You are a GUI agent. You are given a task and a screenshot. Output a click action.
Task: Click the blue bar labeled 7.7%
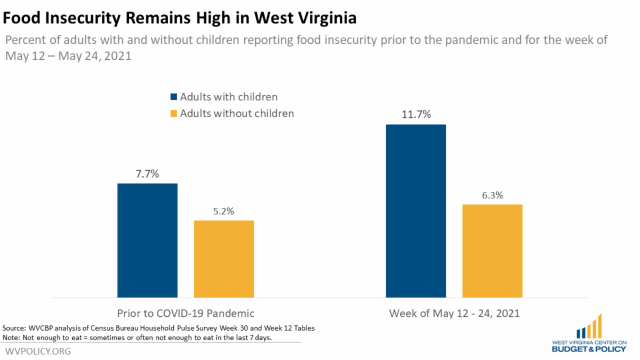[x=147, y=240]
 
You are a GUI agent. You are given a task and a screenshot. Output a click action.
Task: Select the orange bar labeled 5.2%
[x=223, y=259]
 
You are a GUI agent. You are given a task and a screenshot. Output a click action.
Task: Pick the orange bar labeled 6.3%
[x=492, y=251]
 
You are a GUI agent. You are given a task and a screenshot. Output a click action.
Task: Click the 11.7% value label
[x=416, y=115]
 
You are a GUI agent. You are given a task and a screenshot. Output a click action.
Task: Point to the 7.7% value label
[x=147, y=174]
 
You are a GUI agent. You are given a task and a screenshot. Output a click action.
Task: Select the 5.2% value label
[x=224, y=211]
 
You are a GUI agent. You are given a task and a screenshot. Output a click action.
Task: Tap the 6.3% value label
[x=492, y=195]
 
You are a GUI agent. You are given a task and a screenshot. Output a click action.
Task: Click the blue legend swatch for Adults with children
[x=173, y=97]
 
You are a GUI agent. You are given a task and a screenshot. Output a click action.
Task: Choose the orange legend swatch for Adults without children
[x=173, y=114]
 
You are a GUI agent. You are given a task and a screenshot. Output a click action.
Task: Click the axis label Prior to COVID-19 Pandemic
[x=186, y=313]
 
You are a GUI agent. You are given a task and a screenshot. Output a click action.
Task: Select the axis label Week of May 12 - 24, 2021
[x=454, y=313]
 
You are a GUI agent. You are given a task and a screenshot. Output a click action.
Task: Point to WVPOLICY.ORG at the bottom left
[x=38, y=351]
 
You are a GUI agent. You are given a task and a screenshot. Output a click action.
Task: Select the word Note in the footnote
[x=10, y=338]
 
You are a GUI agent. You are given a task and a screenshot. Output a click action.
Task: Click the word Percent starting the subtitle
[x=23, y=41]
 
